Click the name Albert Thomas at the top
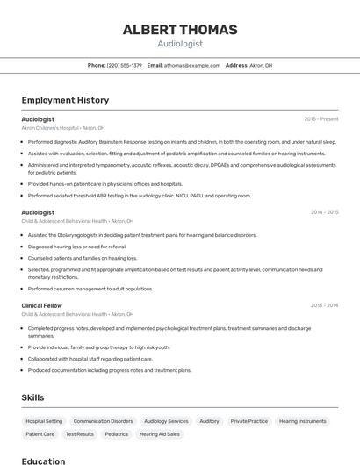(x=180, y=30)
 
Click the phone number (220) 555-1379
(x=125, y=65)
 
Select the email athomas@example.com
(x=190, y=65)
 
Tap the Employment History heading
(x=65, y=100)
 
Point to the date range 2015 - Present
(x=321, y=119)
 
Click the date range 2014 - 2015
(x=324, y=212)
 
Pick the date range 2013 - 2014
(x=324, y=305)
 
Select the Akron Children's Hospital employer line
(x=63, y=128)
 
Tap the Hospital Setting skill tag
(x=44, y=421)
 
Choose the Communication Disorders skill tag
(x=103, y=421)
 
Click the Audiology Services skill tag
(x=166, y=421)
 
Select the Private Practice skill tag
(x=248, y=421)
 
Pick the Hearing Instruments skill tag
(x=302, y=421)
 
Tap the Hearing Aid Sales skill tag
(x=159, y=434)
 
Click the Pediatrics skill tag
(x=116, y=434)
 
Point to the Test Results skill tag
(x=79, y=434)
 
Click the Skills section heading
(x=32, y=398)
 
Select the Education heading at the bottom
(x=43, y=461)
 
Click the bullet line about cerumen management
(x=90, y=289)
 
